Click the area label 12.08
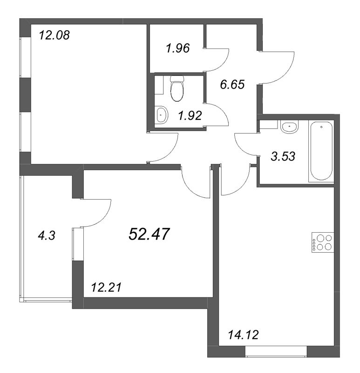coord(54,35)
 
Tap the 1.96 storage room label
coord(178,48)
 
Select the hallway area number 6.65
coord(232,85)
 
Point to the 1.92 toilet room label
coord(190,116)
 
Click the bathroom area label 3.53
coord(283,157)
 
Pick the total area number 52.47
coord(149,234)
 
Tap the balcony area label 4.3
coord(47,236)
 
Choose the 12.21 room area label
coord(106,287)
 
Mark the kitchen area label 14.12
coord(243,335)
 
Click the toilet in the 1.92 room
coord(177,88)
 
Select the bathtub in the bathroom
coord(321,151)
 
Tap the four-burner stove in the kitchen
coord(323,242)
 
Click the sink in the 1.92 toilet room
coord(162,115)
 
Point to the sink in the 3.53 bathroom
coord(289,126)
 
